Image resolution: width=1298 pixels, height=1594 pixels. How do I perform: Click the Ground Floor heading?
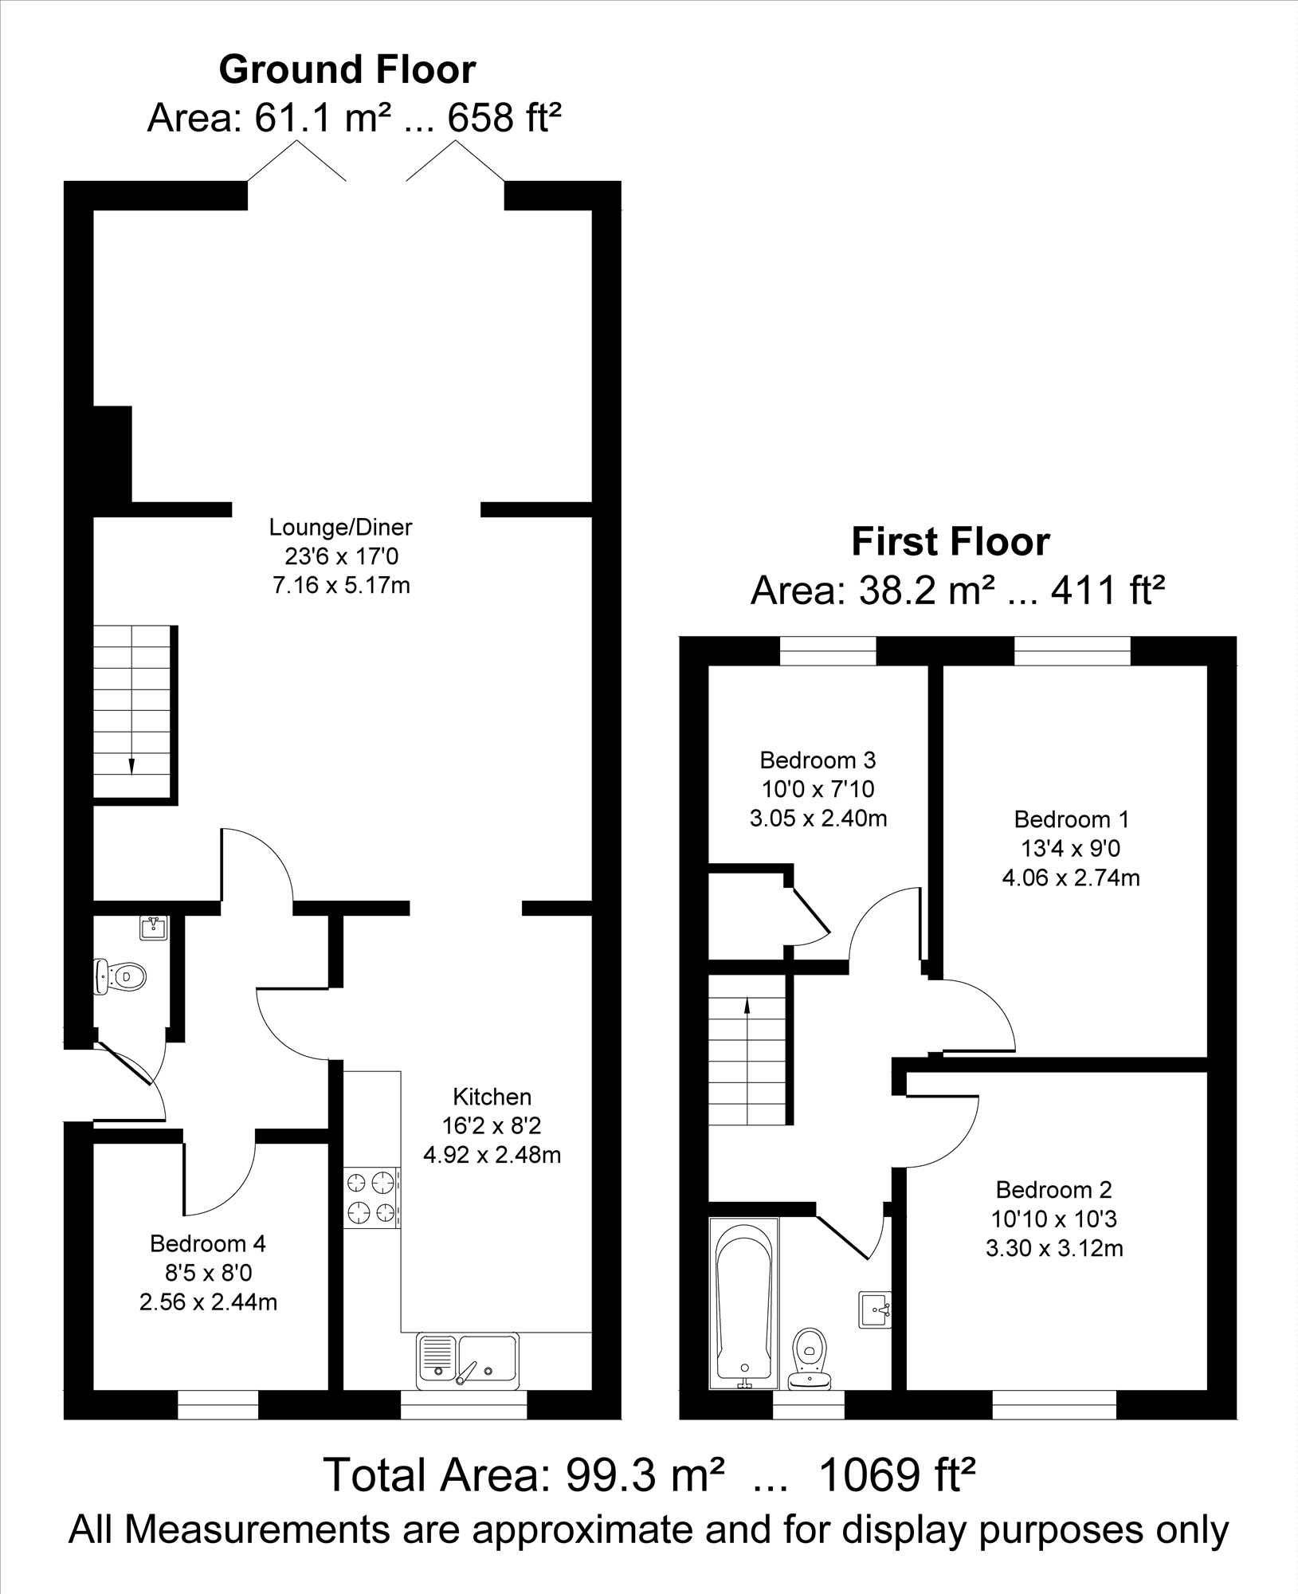[347, 70]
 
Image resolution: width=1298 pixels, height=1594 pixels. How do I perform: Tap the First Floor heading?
[951, 542]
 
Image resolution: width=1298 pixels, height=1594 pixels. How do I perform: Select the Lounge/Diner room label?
[341, 527]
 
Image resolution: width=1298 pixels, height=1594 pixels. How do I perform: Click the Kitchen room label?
[492, 1097]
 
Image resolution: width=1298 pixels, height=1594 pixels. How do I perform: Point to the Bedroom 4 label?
[208, 1243]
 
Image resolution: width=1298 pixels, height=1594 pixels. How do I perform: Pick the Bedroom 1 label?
[1071, 819]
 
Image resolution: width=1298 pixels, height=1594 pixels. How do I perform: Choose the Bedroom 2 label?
[1053, 1190]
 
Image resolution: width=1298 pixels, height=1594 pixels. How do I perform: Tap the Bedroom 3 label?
[818, 760]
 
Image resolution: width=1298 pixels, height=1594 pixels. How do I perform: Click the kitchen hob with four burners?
[372, 1198]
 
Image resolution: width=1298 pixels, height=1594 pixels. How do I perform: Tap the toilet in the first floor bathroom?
[810, 1357]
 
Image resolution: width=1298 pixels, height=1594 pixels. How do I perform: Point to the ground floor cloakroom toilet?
[120, 976]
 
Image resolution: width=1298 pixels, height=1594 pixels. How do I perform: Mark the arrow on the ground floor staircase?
[131, 766]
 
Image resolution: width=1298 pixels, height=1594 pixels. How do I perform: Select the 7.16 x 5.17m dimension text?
[341, 586]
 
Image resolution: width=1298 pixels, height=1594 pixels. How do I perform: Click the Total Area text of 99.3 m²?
[649, 1474]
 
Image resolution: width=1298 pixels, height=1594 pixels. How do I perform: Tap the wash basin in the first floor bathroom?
[875, 1310]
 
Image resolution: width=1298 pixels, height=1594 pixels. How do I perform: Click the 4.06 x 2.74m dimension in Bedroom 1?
[1071, 878]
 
